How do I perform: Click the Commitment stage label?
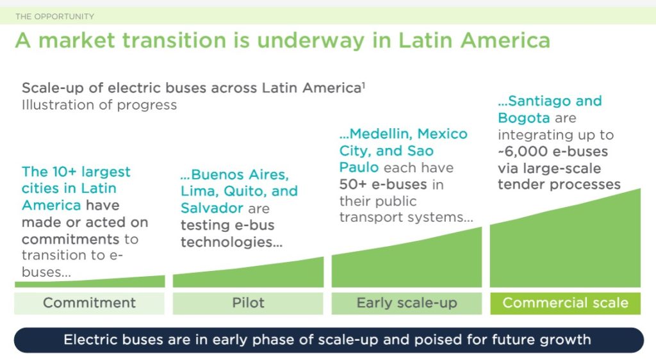tap(89, 303)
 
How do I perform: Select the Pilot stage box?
tap(248, 303)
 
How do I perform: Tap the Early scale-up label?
tap(407, 303)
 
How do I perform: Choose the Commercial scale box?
tap(565, 303)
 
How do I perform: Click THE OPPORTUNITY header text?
tap(54, 16)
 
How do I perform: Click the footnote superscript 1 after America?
tap(363, 84)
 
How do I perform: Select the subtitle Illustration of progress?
tap(99, 104)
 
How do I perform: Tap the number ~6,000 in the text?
tap(521, 152)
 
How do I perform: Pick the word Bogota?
tap(523, 118)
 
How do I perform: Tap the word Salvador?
tap(212, 208)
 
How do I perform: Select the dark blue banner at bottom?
tap(327, 340)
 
